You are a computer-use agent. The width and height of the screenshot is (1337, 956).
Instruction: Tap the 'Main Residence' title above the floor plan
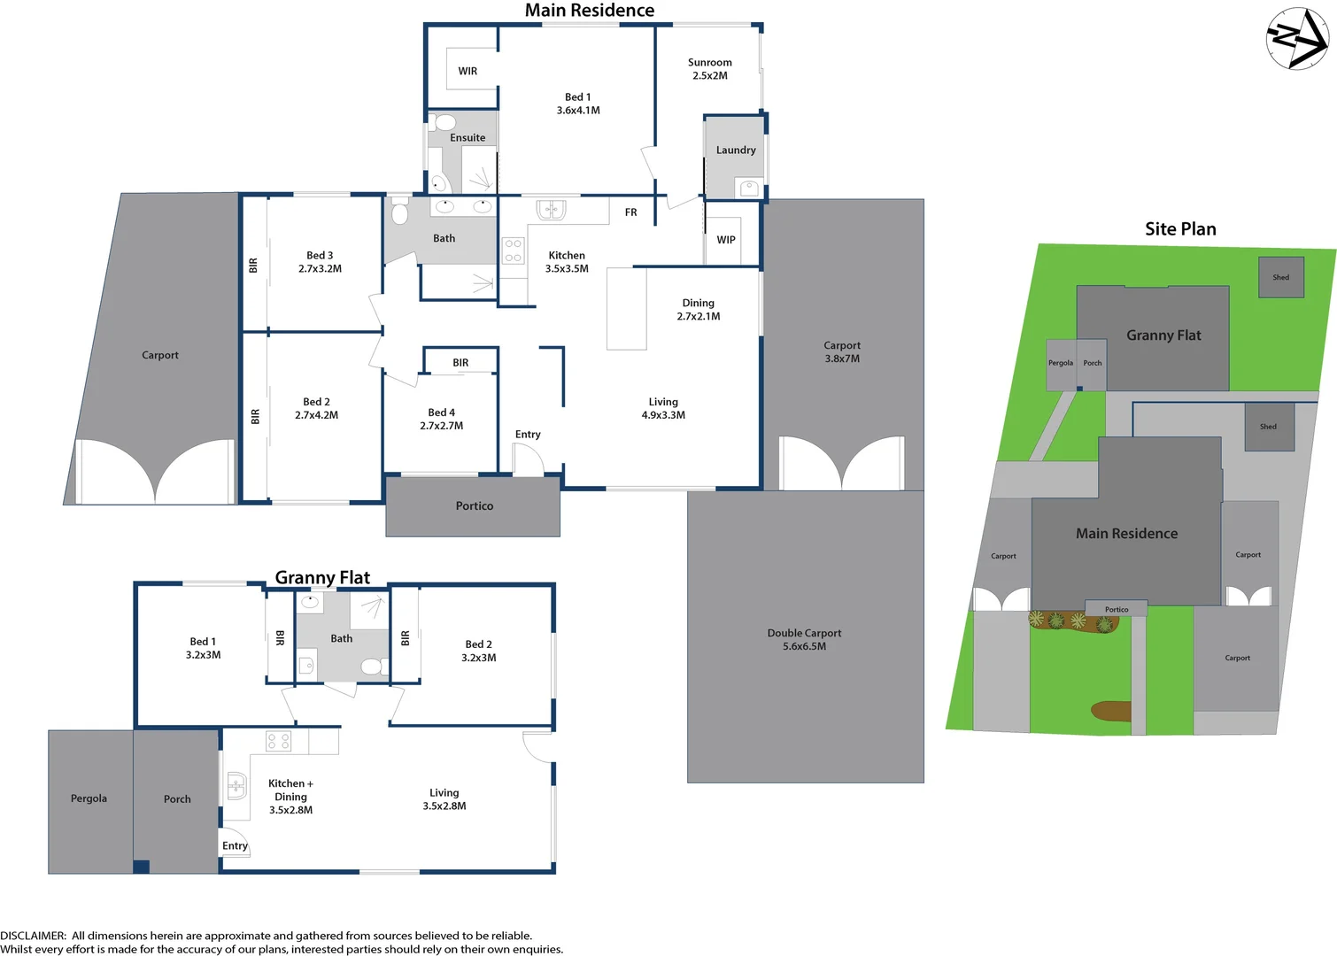tap(590, 11)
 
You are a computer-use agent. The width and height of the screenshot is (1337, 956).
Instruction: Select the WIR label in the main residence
tap(468, 71)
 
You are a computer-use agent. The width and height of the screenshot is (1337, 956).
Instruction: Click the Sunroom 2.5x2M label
tap(710, 69)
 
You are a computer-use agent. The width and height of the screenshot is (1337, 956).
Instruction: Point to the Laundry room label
tap(736, 150)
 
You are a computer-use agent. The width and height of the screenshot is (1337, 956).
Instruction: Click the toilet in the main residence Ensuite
tap(445, 122)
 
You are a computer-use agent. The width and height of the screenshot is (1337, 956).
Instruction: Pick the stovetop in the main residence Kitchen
tap(513, 251)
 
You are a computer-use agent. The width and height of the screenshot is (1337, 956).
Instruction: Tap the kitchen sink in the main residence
tap(551, 210)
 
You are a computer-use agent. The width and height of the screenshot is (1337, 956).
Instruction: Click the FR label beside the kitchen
tap(630, 212)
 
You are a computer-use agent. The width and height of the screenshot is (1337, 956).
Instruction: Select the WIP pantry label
tap(726, 240)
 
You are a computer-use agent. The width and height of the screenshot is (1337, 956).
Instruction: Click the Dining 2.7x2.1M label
tap(699, 310)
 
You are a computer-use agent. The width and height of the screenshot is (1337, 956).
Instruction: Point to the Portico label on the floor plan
tap(475, 506)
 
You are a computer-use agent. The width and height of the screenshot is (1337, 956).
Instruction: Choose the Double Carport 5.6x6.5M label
tap(804, 640)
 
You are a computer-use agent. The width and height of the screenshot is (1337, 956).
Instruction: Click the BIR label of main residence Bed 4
tap(460, 363)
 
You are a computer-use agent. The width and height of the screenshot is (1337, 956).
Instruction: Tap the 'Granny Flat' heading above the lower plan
tap(322, 578)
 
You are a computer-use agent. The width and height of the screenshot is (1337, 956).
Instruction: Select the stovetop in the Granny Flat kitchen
tap(278, 741)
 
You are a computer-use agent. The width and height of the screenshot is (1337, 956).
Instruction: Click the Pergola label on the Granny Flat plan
tap(89, 798)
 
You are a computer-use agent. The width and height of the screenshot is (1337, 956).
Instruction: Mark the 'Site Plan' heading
tap(1180, 229)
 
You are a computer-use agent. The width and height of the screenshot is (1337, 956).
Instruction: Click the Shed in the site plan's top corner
tap(1281, 278)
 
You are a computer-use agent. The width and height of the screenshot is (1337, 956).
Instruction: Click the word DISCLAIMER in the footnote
tap(33, 936)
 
